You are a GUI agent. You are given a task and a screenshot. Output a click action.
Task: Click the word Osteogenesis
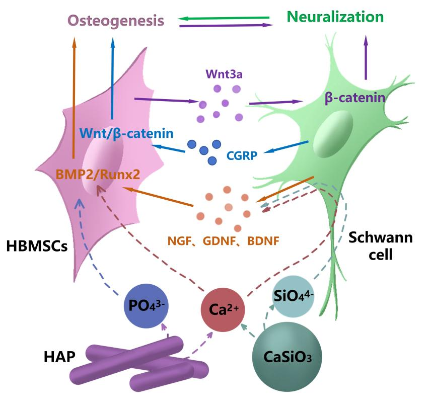pyautogui.click(x=116, y=21)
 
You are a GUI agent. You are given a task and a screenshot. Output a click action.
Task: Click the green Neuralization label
pyautogui.click(x=335, y=17)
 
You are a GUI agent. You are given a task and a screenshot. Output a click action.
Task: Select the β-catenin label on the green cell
pyautogui.click(x=355, y=97)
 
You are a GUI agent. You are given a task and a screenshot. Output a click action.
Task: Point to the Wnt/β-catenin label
pyautogui.click(x=127, y=134)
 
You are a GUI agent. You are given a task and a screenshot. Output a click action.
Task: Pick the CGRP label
pyautogui.click(x=242, y=156)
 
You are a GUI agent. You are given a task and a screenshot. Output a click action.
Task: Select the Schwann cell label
pyautogui.click(x=380, y=246)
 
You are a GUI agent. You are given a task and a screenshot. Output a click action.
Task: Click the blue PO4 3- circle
pyautogui.click(x=146, y=305)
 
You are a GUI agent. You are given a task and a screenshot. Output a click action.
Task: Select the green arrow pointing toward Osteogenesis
pyautogui.click(x=224, y=19)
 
